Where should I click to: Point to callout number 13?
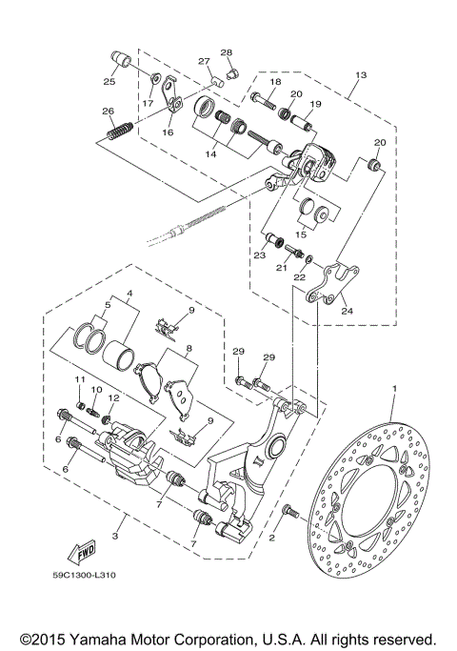click(x=361, y=74)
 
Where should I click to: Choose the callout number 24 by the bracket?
click(x=345, y=310)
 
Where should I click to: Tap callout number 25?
click(x=109, y=81)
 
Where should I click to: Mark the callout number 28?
click(x=227, y=51)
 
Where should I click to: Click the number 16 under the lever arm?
click(x=168, y=133)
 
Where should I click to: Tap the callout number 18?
click(x=275, y=84)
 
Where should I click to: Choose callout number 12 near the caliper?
click(x=114, y=398)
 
